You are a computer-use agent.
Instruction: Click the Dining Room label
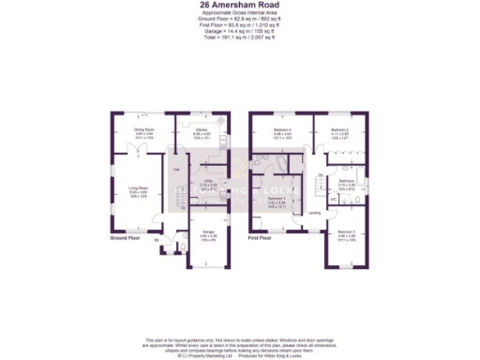tap(144, 129)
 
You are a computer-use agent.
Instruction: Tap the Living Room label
tap(139, 189)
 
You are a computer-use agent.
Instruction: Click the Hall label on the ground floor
tap(175, 169)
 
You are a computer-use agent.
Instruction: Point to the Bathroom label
tap(344, 180)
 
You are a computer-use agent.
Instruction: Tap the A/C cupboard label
tap(332, 200)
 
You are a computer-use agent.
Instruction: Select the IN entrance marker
tap(156, 241)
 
